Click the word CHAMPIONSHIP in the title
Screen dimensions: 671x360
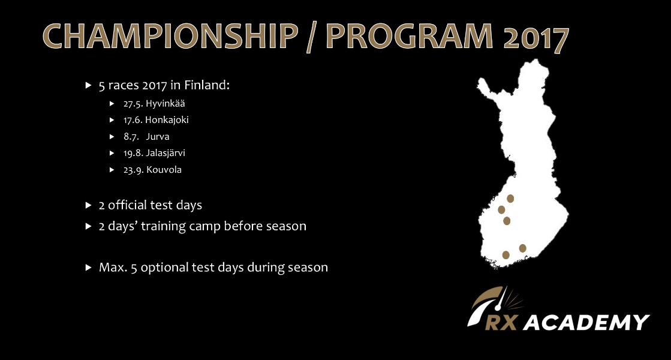tap(170, 36)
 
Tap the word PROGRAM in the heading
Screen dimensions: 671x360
tap(410, 36)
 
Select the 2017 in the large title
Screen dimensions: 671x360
tap(536, 38)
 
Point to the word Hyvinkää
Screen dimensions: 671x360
tap(165, 104)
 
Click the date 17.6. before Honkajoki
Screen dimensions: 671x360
tap(133, 120)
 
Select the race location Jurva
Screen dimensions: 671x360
tap(158, 137)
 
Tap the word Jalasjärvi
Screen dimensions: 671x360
tap(165, 153)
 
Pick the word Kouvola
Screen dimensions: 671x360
tap(164, 170)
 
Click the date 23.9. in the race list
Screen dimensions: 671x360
tap(134, 170)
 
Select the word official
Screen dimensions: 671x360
tap(128, 205)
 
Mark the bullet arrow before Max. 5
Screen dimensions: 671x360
tap(89, 268)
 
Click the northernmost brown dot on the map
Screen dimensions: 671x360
tap(510, 199)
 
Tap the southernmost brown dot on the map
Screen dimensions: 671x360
tap(505, 255)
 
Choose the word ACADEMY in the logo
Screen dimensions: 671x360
tap(586, 322)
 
